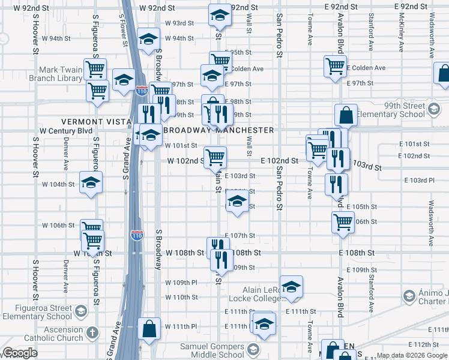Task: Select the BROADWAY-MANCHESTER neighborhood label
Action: (x=218, y=130)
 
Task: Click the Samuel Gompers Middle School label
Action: (x=213, y=350)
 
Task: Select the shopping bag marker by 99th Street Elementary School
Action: (x=347, y=115)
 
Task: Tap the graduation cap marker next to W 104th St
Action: (x=91, y=183)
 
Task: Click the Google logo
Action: (x=19, y=353)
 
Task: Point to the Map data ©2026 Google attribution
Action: (x=411, y=356)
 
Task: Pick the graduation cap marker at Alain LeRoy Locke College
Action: (x=291, y=287)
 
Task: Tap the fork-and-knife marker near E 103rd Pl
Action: (x=336, y=184)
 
